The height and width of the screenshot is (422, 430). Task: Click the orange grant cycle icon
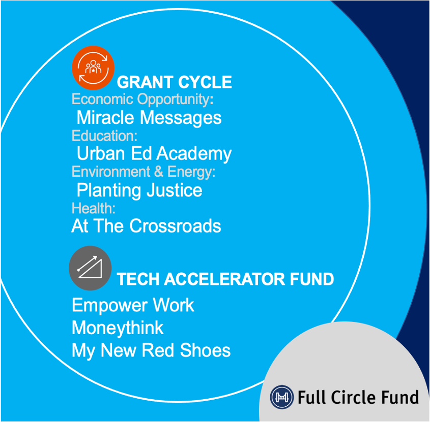pos(93,68)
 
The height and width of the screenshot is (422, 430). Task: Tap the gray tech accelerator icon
pos(90,268)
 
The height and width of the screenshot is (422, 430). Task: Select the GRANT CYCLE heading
pos(174,82)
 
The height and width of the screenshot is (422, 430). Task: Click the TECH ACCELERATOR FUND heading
pos(225,279)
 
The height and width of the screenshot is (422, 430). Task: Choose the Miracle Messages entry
pos(149,118)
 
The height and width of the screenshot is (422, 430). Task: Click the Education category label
pos(104,136)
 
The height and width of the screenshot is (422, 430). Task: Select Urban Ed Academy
pos(154,153)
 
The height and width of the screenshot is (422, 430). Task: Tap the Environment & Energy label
pos(144,172)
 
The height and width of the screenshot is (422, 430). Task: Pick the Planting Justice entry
pos(139,190)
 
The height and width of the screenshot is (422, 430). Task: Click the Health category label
pos(94,208)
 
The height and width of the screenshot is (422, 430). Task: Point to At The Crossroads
pos(146,226)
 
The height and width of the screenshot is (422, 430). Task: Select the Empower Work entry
pos(133,306)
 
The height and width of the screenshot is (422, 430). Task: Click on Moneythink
pos(118,328)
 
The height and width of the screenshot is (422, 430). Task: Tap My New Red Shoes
pos(151,350)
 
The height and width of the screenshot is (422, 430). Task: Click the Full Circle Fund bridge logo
pos(280,397)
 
